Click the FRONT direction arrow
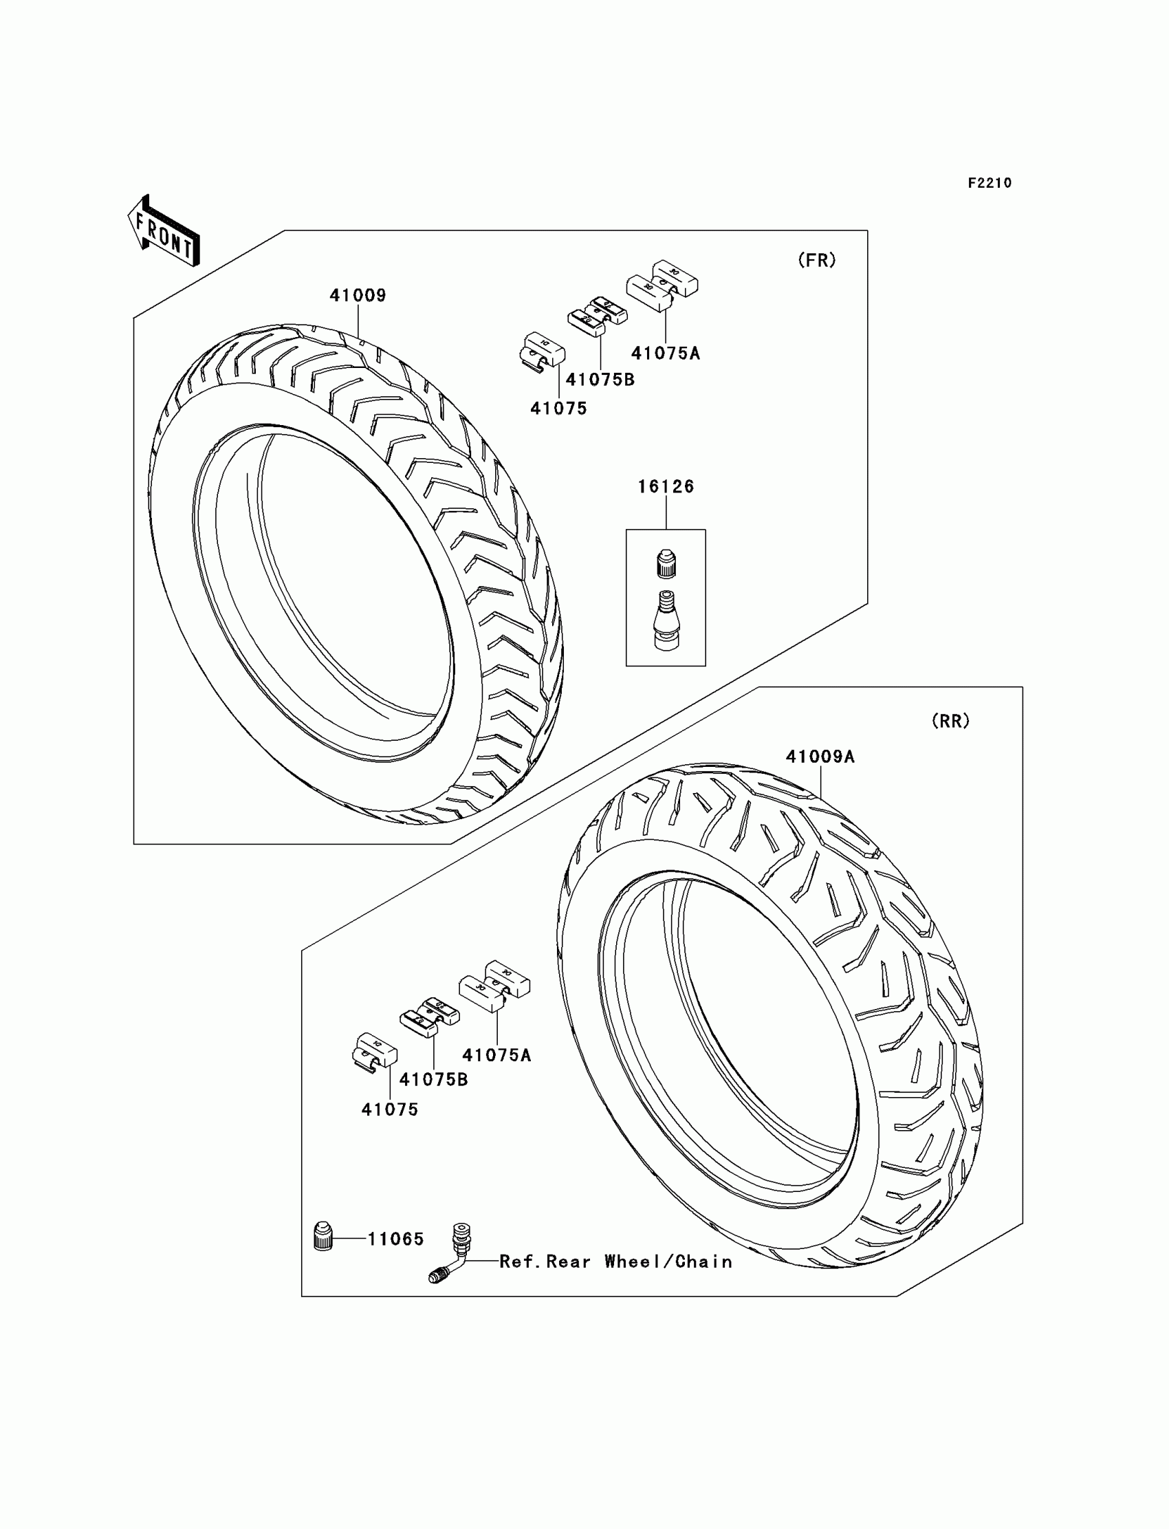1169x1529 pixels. (164, 231)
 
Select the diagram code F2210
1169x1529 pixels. (990, 183)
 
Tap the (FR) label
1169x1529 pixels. (816, 260)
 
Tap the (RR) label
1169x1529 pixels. (950, 721)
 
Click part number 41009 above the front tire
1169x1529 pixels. (358, 296)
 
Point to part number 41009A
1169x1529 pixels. (820, 757)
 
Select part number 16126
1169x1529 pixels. (666, 486)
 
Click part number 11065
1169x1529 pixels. (395, 1239)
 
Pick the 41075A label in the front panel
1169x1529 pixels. (665, 354)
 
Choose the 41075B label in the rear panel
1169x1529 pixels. (433, 1079)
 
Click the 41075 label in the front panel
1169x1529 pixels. (559, 409)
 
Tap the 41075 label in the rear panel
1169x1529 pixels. (390, 1110)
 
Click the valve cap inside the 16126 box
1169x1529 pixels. (666, 563)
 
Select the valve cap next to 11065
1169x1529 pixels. (323, 1237)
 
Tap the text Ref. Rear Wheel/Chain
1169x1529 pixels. (616, 1261)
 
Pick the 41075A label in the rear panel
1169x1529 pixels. (496, 1055)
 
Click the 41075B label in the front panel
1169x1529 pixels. (600, 380)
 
